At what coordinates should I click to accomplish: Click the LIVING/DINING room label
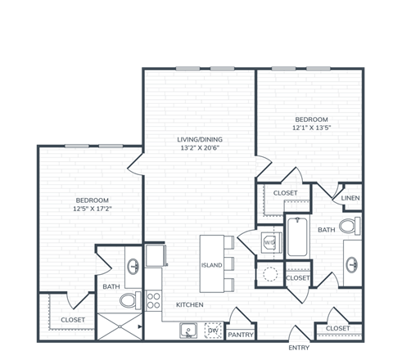point(201,139)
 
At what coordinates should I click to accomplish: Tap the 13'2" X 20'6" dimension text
point(201,149)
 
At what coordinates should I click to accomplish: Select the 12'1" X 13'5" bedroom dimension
point(311,128)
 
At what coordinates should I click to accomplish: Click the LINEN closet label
point(350,199)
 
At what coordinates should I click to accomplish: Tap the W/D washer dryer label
point(269,243)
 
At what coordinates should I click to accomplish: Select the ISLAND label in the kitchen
point(211,266)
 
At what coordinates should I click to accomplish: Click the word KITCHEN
point(190,305)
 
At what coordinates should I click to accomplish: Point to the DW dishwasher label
point(212,331)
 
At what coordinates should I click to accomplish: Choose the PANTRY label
point(240,334)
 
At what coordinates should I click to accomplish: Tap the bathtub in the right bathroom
point(296,237)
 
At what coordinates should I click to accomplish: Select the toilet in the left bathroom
point(129,301)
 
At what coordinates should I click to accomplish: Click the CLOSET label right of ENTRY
point(338,328)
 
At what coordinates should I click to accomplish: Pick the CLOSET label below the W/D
point(298,278)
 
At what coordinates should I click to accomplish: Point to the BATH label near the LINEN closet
point(326,230)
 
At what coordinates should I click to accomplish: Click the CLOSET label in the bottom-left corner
point(73,319)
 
